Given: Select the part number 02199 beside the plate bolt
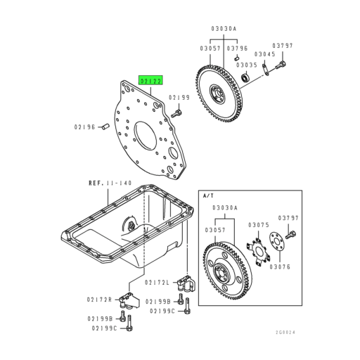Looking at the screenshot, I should pyautogui.click(x=179, y=97).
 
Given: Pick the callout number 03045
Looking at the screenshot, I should pyautogui.click(x=264, y=53).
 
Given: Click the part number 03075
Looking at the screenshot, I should pyautogui.click(x=258, y=225).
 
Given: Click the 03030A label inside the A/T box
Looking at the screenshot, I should pyautogui.click(x=226, y=209).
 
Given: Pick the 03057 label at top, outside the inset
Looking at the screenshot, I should pyautogui.click(x=210, y=48).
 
